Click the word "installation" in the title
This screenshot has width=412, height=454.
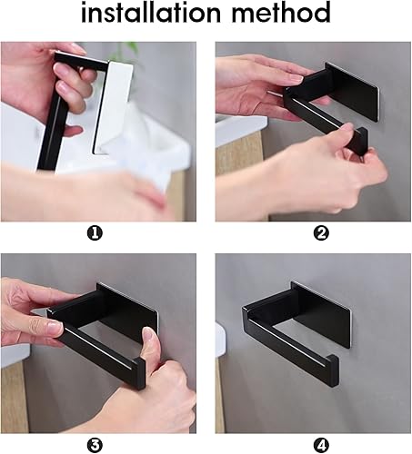[x=151, y=13]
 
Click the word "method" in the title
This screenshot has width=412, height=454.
[x=281, y=13]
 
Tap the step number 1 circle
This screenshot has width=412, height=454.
[x=95, y=233]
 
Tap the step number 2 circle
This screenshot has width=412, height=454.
[x=321, y=233]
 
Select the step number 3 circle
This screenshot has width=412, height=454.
[x=95, y=445]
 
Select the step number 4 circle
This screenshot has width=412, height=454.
[x=321, y=445]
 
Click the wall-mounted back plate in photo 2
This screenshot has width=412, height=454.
[x=353, y=91]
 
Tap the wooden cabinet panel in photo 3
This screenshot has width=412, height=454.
[x=15, y=397]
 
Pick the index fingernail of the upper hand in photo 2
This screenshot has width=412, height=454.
[x=297, y=78]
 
